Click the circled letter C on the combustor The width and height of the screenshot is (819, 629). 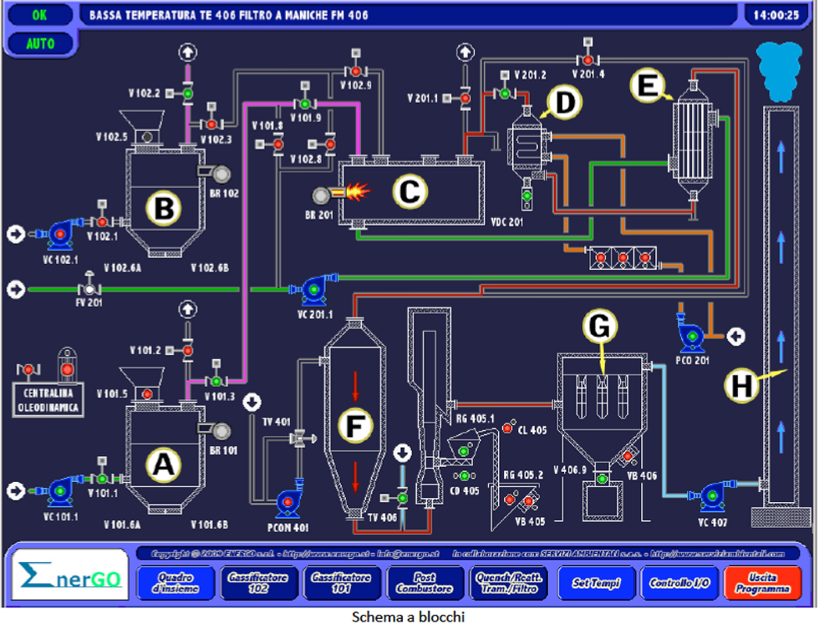(x=409, y=191)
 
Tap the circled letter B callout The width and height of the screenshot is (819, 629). (x=164, y=209)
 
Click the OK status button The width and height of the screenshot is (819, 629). (x=40, y=14)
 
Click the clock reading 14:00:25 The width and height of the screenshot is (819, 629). (x=776, y=14)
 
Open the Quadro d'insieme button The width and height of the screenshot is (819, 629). (x=176, y=582)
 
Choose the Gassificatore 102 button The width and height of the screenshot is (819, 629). (x=259, y=582)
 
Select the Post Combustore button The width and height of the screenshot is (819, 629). (x=425, y=582)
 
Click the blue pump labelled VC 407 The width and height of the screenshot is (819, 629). (x=712, y=495)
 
